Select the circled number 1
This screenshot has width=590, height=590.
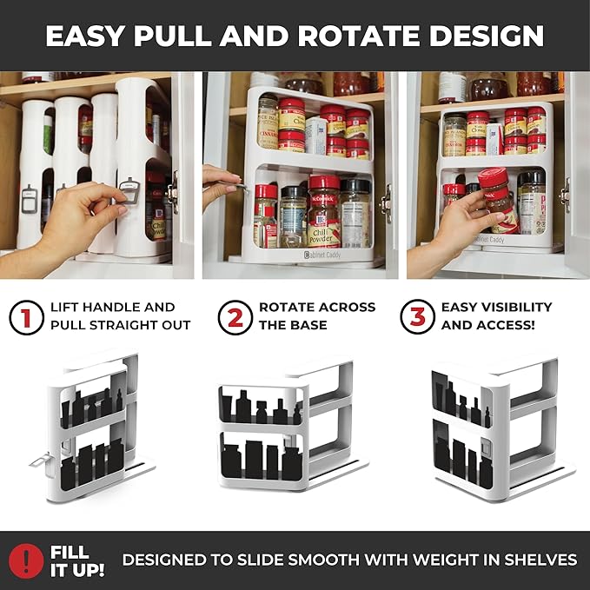click(27, 317)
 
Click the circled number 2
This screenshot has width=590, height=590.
click(235, 317)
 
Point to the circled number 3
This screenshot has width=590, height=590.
click(418, 317)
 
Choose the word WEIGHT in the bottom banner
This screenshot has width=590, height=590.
click(429, 560)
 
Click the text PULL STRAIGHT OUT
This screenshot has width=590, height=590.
click(121, 326)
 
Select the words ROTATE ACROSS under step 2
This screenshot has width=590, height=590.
click(317, 308)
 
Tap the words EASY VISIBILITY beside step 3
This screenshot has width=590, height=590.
click(496, 308)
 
